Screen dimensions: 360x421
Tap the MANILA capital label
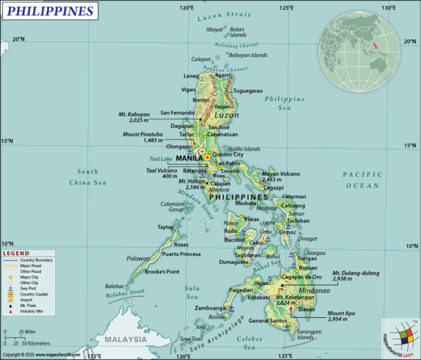(189, 158)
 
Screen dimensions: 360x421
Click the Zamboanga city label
(209, 308)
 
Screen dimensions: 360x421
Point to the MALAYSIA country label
(126, 340)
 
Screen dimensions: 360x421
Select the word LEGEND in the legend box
(16, 253)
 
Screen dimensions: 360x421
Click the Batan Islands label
(238, 32)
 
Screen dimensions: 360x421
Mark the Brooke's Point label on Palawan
(162, 272)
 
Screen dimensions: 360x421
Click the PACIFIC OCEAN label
(363, 180)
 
